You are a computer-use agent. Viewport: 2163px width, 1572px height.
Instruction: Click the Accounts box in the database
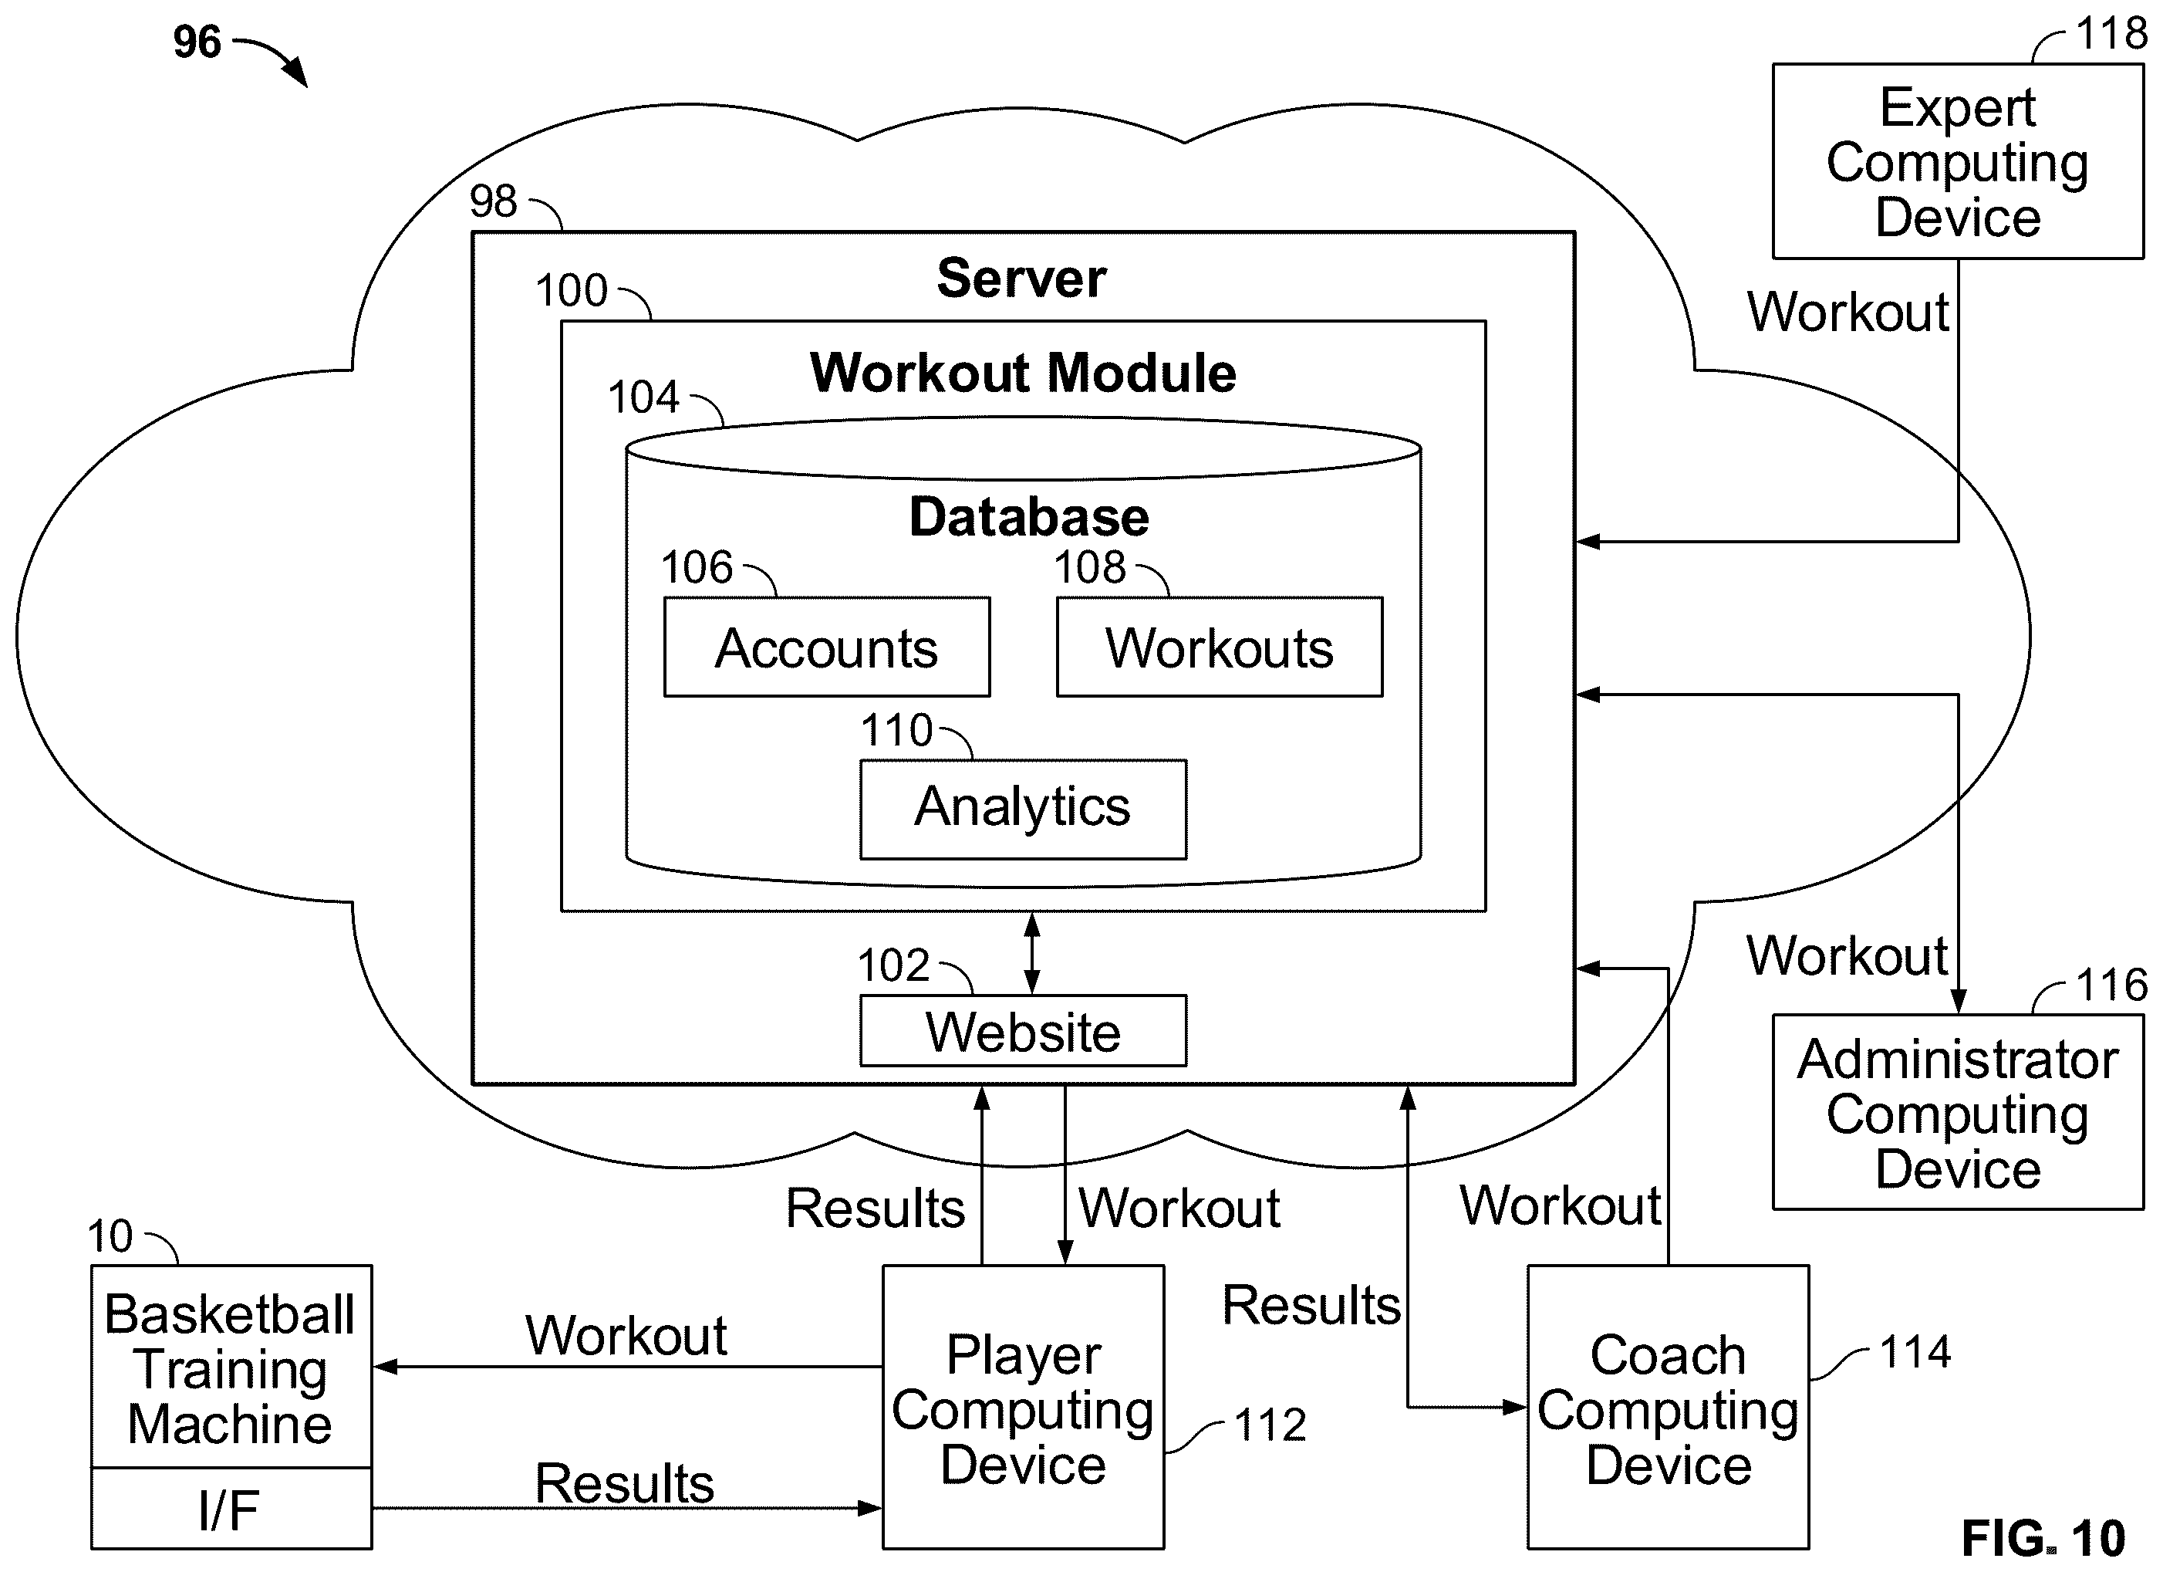point(827,647)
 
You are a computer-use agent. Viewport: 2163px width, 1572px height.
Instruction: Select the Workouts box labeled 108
point(1220,647)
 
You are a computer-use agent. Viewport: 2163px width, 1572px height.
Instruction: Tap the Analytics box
point(1024,809)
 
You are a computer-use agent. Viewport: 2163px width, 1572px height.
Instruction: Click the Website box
point(1024,1030)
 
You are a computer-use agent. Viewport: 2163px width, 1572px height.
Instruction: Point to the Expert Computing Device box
point(1958,161)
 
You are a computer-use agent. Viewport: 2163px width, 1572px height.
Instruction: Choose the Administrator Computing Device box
point(1958,1112)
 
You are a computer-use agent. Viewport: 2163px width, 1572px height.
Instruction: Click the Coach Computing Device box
point(1668,1407)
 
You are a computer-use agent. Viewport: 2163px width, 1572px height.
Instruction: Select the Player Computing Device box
point(1024,1407)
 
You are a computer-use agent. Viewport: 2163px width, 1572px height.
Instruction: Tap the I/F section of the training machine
point(231,1508)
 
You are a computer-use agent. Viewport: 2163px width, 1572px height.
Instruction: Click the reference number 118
point(2111,33)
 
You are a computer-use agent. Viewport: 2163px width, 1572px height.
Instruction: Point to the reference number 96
point(197,42)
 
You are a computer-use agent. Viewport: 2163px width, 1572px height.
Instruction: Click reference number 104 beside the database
point(644,397)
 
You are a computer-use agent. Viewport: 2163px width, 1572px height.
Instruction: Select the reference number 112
point(1270,1425)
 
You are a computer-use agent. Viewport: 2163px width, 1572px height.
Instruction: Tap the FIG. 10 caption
point(2043,1538)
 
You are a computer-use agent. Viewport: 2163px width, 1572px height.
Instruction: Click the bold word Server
point(1021,278)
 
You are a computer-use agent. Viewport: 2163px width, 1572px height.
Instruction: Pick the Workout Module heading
point(1024,372)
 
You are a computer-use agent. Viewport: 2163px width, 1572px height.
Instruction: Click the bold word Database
point(1029,516)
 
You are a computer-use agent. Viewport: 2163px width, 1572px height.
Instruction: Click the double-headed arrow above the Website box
point(1032,954)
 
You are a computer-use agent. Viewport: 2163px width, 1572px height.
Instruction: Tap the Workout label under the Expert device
point(1848,312)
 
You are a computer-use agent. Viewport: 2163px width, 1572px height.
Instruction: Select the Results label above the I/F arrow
point(625,1483)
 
